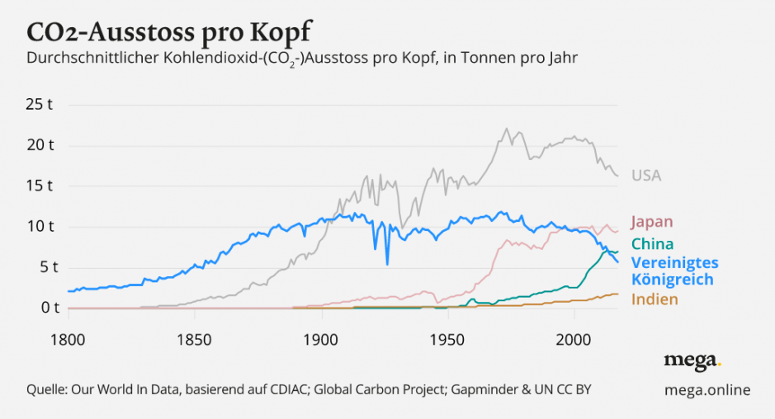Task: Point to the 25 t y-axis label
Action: (40, 105)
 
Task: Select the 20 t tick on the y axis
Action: (40, 146)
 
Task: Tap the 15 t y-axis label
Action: (40, 186)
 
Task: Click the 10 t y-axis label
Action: (40, 227)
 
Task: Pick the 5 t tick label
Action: (45, 267)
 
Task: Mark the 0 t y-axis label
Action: (45, 308)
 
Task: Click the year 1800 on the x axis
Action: (68, 339)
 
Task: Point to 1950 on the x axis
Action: (447, 339)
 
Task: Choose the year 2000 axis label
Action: (573, 339)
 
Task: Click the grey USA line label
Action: (646, 176)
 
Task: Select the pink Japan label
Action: (652, 222)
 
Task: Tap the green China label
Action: (652, 244)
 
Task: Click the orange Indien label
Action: (654, 299)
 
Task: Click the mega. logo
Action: (692, 360)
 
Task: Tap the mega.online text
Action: (707, 389)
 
